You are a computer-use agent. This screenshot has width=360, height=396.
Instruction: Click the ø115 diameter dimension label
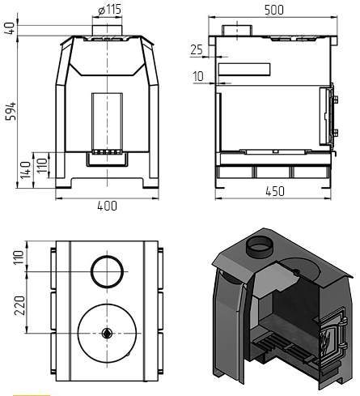pyautogui.click(x=110, y=10)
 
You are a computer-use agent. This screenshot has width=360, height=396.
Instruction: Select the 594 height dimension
pyautogui.click(x=11, y=111)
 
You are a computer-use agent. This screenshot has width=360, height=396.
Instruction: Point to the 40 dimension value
pyautogui.click(x=10, y=28)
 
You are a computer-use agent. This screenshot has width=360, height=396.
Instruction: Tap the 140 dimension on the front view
pyautogui.click(x=26, y=170)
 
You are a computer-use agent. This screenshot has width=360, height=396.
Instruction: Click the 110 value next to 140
pyautogui.click(x=42, y=165)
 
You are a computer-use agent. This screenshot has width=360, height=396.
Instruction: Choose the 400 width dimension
pyautogui.click(x=108, y=206)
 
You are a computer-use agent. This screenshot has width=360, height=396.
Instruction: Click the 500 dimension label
pyautogui.click(x=274, y=10)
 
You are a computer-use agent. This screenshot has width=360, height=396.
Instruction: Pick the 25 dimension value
pyautogui.click(x=197, y=49)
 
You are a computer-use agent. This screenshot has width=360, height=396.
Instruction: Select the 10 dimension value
pyautogui.click(x=198, y=76)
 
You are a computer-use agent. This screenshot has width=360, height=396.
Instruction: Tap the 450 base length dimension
pyautogui.click(x=275, y=191)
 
